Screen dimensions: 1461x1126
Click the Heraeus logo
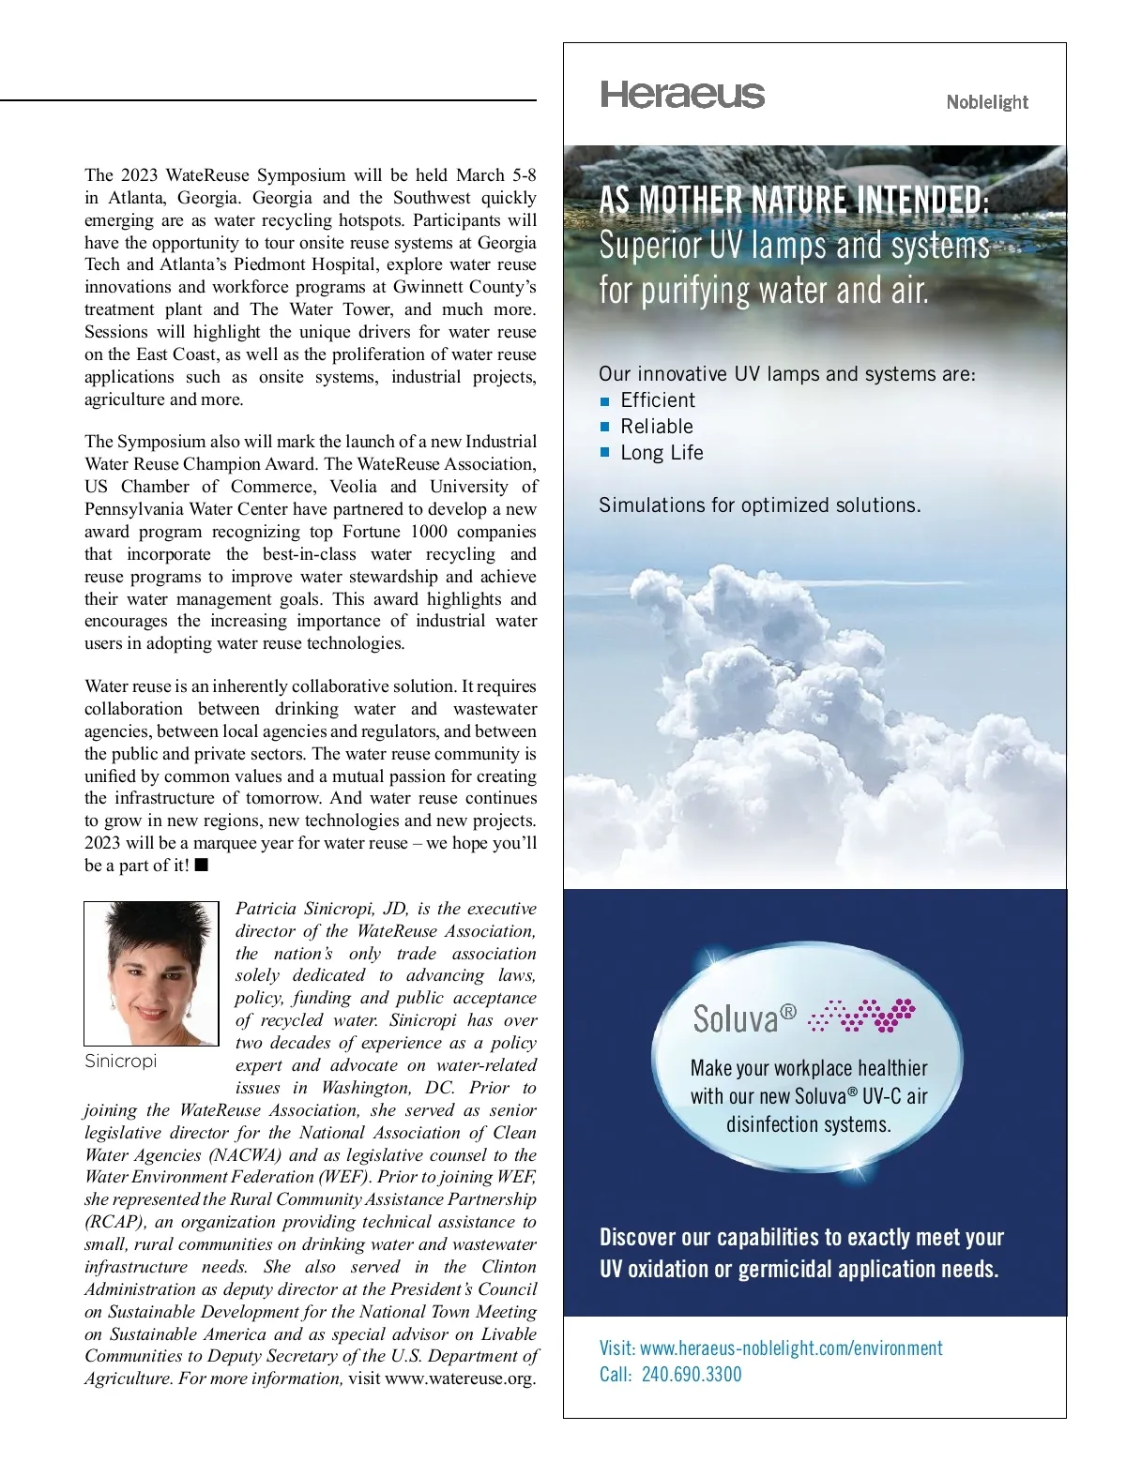pos(682,95)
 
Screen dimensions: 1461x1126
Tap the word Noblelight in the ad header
pos(986,102)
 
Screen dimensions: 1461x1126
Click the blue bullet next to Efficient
pos(605,401)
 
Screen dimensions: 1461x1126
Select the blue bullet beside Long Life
pos(605,453)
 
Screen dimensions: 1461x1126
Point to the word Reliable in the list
pos(657,427)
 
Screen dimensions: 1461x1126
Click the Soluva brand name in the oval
pos(737,1017)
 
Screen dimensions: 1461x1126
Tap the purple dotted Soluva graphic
pos(861,1015)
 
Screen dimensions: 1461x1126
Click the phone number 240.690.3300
pos(692,1375)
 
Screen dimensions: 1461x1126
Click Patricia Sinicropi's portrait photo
pos(151,973)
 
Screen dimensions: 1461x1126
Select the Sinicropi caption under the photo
pos(120,1062)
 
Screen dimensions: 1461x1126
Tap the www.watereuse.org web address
pos(460,1378)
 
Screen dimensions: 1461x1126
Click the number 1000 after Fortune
pos(428,532)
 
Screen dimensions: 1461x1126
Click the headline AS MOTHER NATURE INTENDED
pos(793,200)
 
